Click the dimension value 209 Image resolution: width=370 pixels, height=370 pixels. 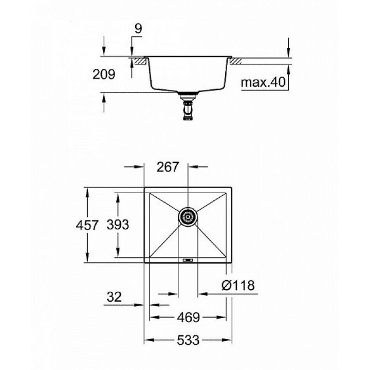104,75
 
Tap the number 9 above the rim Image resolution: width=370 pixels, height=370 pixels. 138,29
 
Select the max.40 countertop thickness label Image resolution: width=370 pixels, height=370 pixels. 263,82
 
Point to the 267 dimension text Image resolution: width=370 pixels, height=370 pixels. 168,167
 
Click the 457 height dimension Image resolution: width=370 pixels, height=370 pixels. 87,225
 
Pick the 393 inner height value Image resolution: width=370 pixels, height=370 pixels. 118,225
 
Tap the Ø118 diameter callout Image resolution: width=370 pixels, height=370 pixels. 238,285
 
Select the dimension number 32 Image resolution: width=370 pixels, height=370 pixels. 114,297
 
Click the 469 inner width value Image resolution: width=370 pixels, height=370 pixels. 188,318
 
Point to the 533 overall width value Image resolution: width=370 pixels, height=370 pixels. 188,340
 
